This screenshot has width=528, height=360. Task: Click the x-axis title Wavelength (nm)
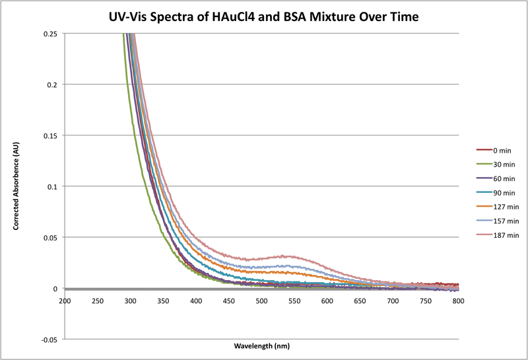pos(261,345)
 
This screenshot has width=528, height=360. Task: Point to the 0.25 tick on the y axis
pos(49,34)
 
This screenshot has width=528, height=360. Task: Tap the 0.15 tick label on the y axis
pos(49,135)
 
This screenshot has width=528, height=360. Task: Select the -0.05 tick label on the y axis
pos(48,340)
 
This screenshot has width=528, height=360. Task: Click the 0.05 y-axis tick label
pos(49,238)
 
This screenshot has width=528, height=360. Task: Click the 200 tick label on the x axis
pos(65,301)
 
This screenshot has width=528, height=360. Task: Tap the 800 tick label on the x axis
pos(459,301)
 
